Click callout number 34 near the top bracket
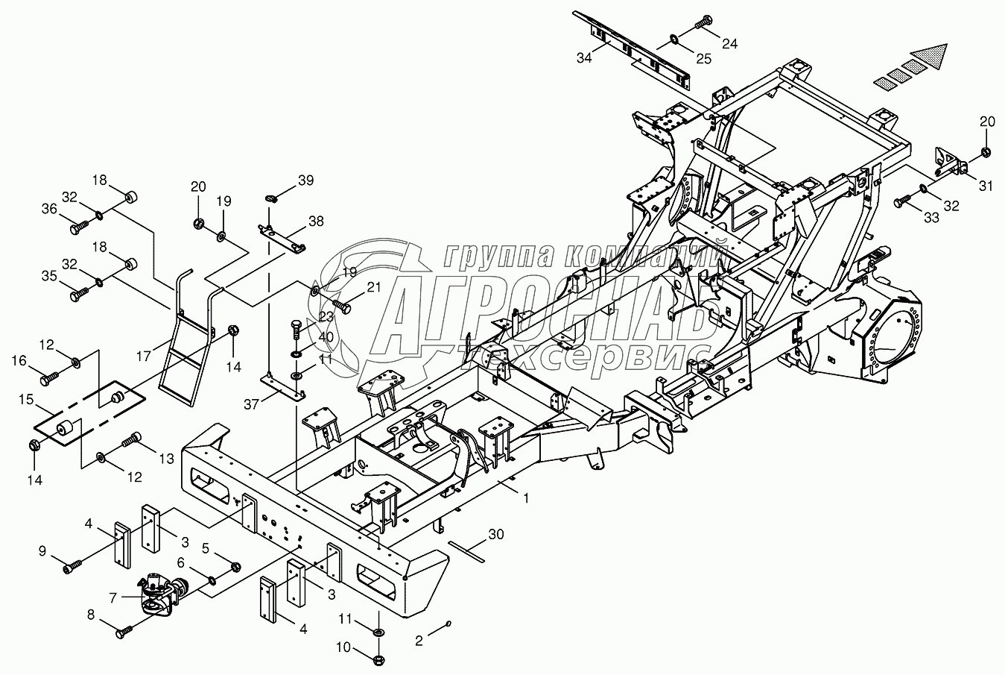tap(584, 57)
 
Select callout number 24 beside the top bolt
tap(729, 43)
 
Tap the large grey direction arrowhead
tap(928, 57)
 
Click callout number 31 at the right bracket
tap(986, 186)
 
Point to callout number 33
tap(931, 217)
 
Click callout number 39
tap(305, 181)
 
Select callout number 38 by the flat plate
tap(316, 221)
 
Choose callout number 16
tap(19, 361)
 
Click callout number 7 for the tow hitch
tap(113, 597)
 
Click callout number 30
tap(496, 534)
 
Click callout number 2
tap(419, 640)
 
